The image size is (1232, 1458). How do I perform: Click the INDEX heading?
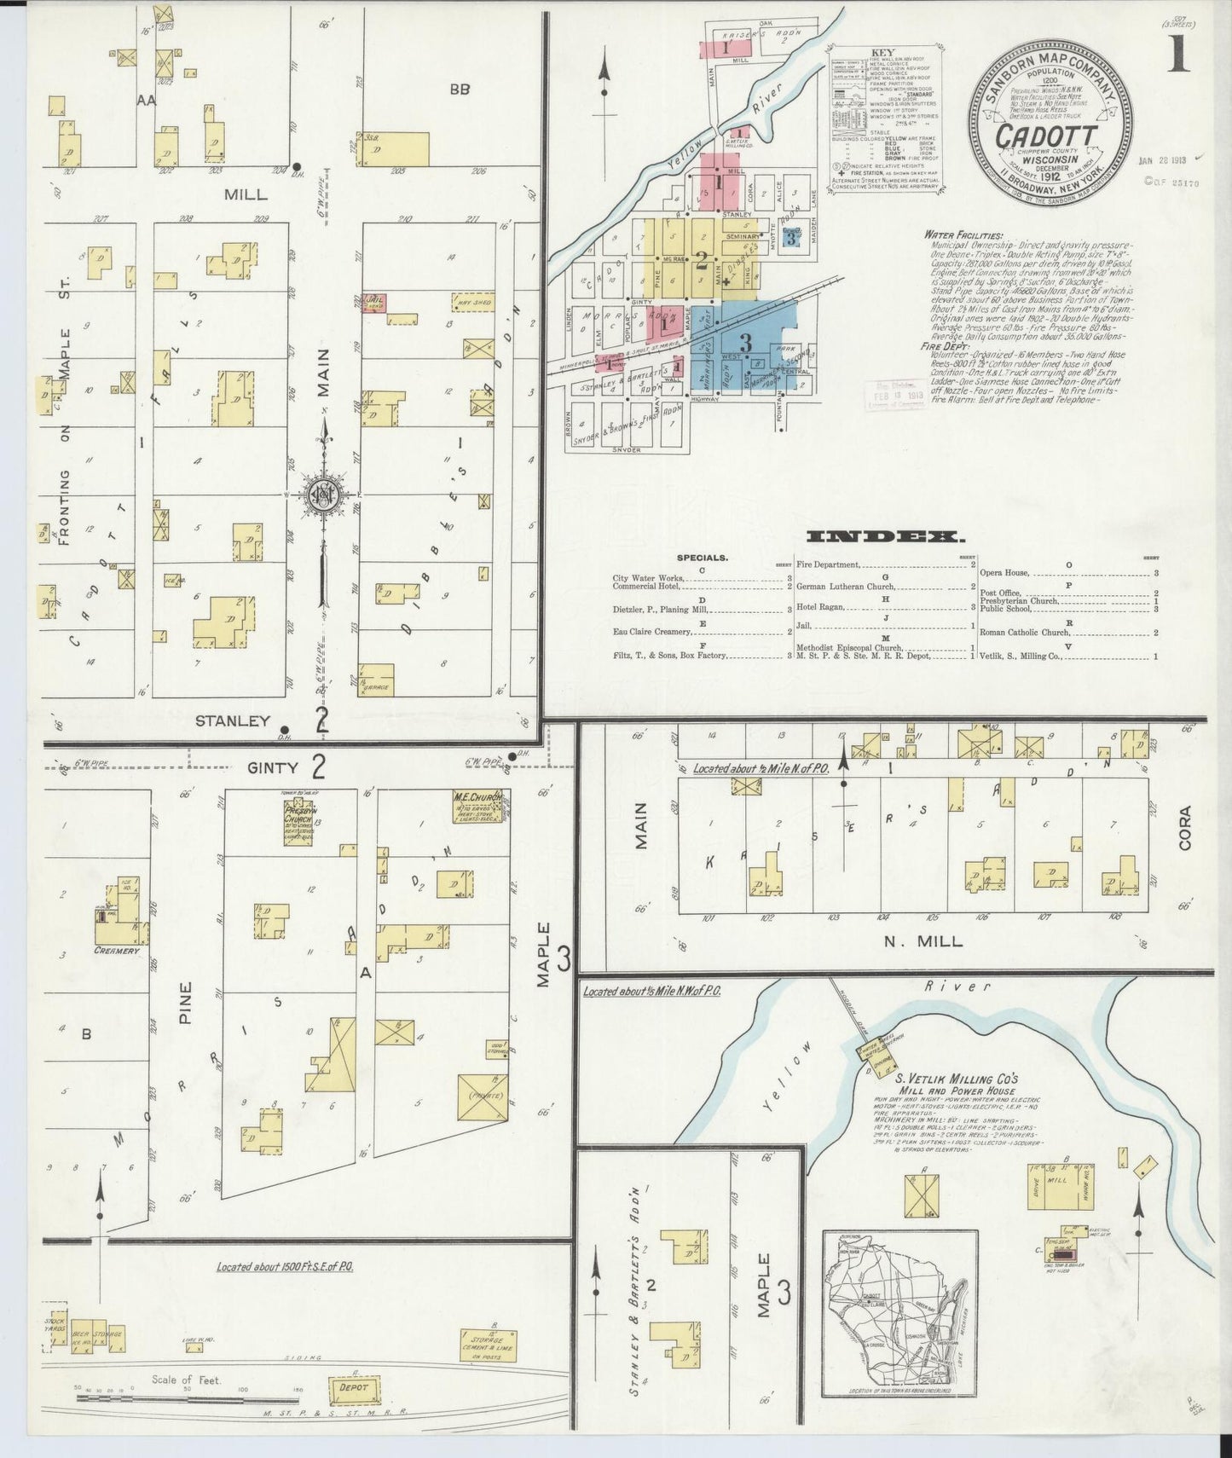tap(884, 537)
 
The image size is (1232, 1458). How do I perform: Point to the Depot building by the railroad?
tap(353, 1387)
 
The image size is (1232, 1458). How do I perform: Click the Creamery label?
tap(117, 950)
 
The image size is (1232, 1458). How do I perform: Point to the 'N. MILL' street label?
tap(923, 941)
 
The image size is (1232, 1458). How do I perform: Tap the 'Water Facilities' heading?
tap(962, 235)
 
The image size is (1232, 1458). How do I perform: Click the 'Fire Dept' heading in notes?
tap(942, 347)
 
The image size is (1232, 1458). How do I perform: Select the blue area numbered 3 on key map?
tap(745, 344)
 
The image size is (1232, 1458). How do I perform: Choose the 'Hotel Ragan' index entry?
tap(820, 606)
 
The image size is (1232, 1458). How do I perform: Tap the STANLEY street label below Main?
tap(233, 721)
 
